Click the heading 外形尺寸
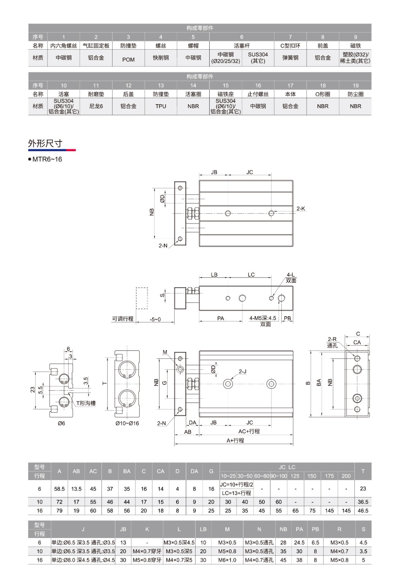(45, 143)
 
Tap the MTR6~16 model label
(47, 159)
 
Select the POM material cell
(128, 60)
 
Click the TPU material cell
(161, 106)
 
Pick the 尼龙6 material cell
(96, 106)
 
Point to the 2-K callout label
(301, 208)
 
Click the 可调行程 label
(123, 319)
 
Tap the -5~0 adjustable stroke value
(155, 319)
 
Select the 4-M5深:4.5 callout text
(263, 318)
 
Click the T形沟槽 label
(86, 403)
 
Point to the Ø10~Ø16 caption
(127, 423)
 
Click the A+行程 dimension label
(235, 440)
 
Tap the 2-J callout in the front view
(243, 372)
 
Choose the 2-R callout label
(332, 339)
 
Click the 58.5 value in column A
(59, 489)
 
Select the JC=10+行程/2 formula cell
(237, 484)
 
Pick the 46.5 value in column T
(363, 511)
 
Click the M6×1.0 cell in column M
(227, 560)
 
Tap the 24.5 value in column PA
(299, 543)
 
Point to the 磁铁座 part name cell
(225, 94)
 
